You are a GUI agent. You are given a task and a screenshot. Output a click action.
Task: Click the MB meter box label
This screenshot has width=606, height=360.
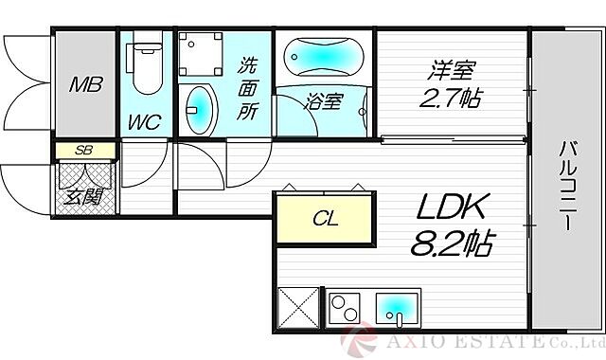[86, 84]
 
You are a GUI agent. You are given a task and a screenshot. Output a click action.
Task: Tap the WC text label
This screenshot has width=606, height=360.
[145, 121]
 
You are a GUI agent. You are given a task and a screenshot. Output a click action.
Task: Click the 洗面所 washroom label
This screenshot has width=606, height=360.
[247, 88]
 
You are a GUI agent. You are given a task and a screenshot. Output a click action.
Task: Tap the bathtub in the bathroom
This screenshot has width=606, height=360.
[322, 60]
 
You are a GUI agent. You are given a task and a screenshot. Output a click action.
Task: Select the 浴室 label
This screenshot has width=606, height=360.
[323, 101]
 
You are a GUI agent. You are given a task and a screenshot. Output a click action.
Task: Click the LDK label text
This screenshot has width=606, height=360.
[451, 209]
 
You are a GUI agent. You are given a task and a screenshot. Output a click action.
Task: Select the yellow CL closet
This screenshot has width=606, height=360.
[325, 219]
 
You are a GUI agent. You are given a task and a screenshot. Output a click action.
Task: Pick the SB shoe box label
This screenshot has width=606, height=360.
[82, 149]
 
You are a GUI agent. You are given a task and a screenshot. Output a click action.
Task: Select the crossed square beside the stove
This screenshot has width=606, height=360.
[298, 308]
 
